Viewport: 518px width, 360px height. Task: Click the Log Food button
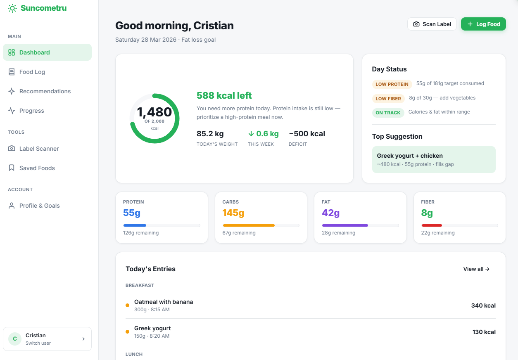(x=483, y=24)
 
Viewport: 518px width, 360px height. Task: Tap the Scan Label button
(x=432, y=24)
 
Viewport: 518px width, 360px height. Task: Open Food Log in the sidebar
(x=32, y=72)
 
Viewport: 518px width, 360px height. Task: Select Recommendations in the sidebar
(x=45, y=91)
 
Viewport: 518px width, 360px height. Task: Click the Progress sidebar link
(x=31, y=111)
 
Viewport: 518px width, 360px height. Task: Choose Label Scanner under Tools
(x=39, y=149)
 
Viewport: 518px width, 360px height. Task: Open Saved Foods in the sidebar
(x=37, y=168)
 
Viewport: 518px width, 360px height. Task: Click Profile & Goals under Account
(x=39, y=206)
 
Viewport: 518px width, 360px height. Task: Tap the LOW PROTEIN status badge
(x=392, y=84)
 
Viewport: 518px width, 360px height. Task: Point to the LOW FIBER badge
(x=388, y=99)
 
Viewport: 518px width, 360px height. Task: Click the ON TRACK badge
(x=388, y=113)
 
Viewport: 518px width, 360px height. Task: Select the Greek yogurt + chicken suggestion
(x=433, y=159)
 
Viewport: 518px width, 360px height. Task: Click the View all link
(x=476, y=269)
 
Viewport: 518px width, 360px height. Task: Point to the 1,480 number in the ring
(x=154, y=112)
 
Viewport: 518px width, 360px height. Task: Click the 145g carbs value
(x=233, y=213)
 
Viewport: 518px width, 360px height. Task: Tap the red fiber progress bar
(x=432, y=225)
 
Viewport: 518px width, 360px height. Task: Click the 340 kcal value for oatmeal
(x=483, y=306)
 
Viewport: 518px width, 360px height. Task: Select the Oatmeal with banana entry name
(x=164, y=302)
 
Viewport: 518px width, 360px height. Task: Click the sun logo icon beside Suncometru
(x=12, y=8)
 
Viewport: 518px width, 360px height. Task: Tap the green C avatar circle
(x=15, y=339)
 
